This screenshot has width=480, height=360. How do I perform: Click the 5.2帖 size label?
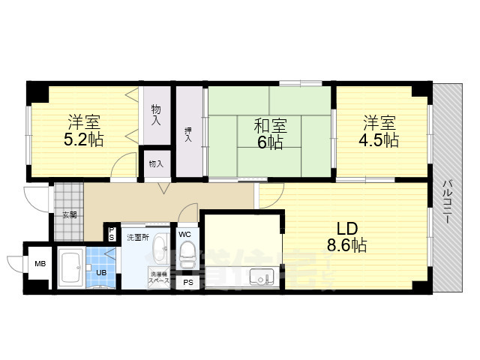pos(84,139)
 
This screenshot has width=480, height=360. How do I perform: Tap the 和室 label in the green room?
pos(270,124)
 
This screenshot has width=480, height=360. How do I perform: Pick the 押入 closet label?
pos(188,133)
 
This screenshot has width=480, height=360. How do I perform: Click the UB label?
pos(101,273)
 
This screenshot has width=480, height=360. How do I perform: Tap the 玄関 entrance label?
pos(69,214)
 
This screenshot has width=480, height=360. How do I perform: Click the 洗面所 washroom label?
pos(137,237)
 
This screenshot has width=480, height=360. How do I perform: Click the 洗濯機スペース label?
pos(159,277)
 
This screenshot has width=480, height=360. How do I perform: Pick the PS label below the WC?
pos(187,283)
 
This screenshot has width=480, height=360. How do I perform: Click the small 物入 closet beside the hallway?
pos(156,163)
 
